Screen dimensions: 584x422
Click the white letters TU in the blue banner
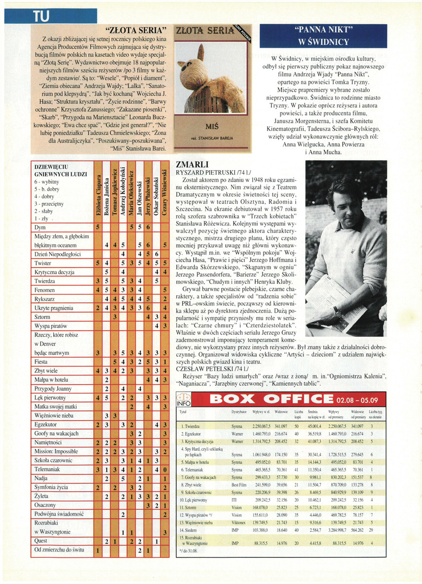pos(41,16)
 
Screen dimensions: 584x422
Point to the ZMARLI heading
pos(193,165)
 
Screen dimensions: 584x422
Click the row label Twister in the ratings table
pos(43,263)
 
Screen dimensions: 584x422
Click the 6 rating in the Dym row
pos(148,227)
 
